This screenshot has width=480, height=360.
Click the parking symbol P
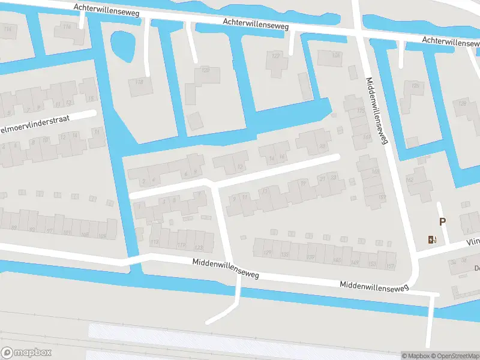(443, 221)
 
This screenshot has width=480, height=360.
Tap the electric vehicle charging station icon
(432, 240)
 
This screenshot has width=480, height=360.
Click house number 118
(139, 82)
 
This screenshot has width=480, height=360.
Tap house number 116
(67, 27)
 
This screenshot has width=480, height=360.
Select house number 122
(276, 56)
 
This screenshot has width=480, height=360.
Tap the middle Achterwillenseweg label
(256, 23)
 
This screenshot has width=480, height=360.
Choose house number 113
(155, 242)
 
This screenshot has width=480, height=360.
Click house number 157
(390, 266)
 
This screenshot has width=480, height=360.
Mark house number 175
(360, 111)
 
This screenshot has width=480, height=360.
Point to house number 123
(199, 248)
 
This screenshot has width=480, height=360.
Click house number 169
(367, 137)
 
